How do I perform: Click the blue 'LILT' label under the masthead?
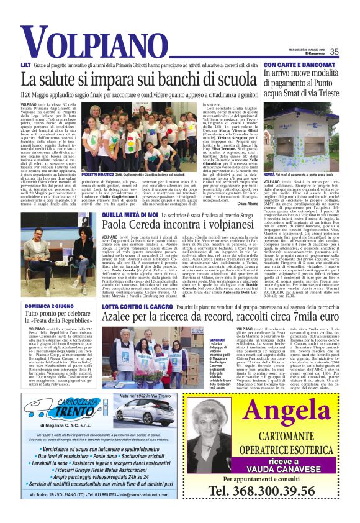[26, 65]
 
